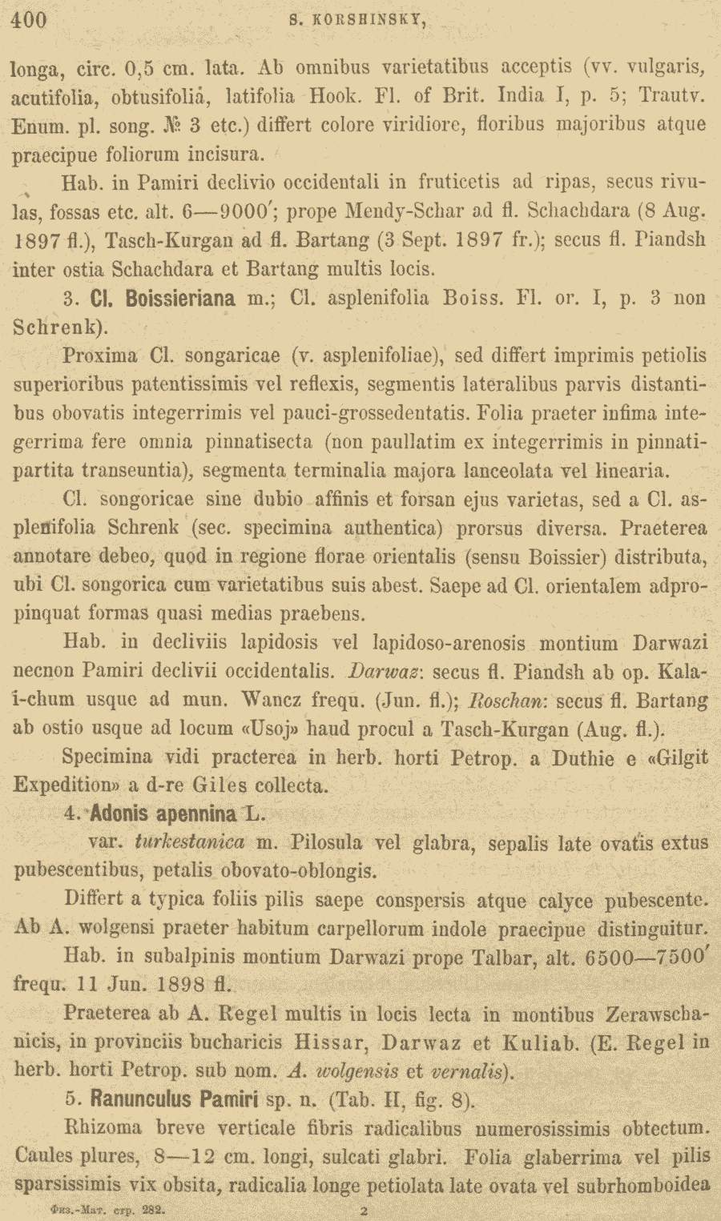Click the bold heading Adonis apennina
click(x=163, y=814)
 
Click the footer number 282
click(x=153, y=1211)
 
